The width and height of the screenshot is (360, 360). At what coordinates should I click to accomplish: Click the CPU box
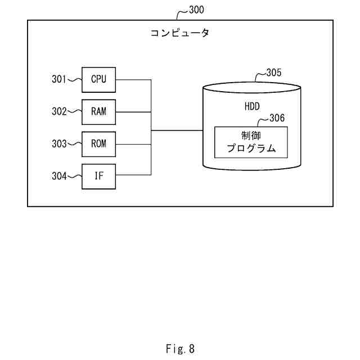point(99,80)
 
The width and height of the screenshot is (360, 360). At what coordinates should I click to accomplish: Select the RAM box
point(99,112)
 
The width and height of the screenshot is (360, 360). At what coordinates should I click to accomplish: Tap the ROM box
point(99,144)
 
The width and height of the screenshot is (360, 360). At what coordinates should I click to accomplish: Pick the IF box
point(99,177)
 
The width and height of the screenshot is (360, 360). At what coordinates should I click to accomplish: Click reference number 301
point(58,79)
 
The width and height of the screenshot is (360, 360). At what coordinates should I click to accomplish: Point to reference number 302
point(59,111)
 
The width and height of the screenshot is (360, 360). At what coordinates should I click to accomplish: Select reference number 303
point(59,144)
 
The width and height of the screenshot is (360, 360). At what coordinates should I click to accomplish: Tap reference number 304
point(59,176)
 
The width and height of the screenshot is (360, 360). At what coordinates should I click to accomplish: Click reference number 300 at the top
point(196,10)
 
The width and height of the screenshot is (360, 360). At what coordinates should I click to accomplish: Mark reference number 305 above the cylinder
point(274,73)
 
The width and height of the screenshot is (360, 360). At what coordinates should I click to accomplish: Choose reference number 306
point(277,118)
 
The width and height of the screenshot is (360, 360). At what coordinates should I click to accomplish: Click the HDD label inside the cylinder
point(252,106)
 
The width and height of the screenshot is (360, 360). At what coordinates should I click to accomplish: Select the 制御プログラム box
point(251,142)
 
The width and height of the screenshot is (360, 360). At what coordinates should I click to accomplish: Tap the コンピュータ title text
point(180,33)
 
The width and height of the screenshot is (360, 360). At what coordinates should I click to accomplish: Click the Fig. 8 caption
point(180,349)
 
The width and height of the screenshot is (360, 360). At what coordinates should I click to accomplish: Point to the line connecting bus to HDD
point(177,130)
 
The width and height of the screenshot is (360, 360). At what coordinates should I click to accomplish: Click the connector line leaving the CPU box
point(133,80)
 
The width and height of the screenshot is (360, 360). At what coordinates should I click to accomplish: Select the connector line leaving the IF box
point(133,175)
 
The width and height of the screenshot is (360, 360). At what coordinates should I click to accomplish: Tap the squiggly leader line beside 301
point(74,80)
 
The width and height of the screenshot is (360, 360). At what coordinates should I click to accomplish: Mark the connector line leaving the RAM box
point(133,112)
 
